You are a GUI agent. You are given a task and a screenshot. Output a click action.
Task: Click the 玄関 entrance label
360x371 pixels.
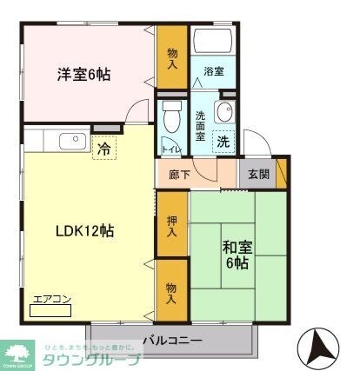click(258, 173)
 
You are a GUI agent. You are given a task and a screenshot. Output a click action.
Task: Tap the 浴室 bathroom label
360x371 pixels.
click(214, 72)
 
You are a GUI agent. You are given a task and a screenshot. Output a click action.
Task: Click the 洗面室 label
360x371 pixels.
click(201, 125)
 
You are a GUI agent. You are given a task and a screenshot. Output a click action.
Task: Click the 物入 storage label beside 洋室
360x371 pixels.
click(172, 58)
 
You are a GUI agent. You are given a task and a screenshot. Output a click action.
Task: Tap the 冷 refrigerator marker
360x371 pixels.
click(104, 149)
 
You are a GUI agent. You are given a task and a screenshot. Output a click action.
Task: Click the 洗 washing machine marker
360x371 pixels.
click(223, 142)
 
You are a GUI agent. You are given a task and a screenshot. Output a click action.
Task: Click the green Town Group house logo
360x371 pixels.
click(17, 354)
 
